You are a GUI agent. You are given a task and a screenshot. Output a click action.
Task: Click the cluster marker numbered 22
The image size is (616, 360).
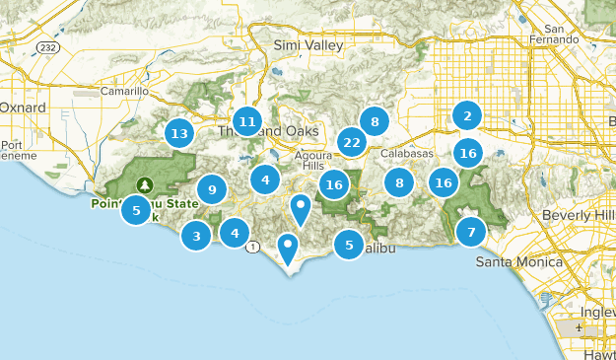pyautogui.click(x=351, y=142)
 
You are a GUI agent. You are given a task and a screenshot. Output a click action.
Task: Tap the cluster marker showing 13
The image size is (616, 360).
pyautogui.click(x=178, y=132)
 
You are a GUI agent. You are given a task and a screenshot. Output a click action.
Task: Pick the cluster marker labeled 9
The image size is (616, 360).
pyautogui.click(x=212, y=188)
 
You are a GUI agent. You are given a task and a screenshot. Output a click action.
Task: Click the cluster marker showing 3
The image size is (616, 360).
pyautogui.click(x=197, y=235)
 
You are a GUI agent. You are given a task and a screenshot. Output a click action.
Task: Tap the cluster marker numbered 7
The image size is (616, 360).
pyautogui.click(x=471, y=232)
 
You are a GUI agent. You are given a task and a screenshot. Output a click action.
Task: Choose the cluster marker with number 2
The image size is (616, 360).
pyautogui.click(x=467, y=115)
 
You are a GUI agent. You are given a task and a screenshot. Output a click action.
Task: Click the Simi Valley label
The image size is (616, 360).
pyautogui.click(x=308, y=44)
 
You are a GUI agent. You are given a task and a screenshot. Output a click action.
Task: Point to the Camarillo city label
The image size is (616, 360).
pyautogui.click(x=124, y=91)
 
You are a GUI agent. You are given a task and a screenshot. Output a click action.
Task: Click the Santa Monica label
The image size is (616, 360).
pyautogui.click(x=518, y=262)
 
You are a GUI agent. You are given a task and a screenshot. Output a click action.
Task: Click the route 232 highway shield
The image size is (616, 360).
pyautogui.click(x=47, y=45)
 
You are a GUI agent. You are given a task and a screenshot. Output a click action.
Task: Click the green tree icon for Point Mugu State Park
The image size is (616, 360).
pyautogui.click(x=146, y=184)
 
